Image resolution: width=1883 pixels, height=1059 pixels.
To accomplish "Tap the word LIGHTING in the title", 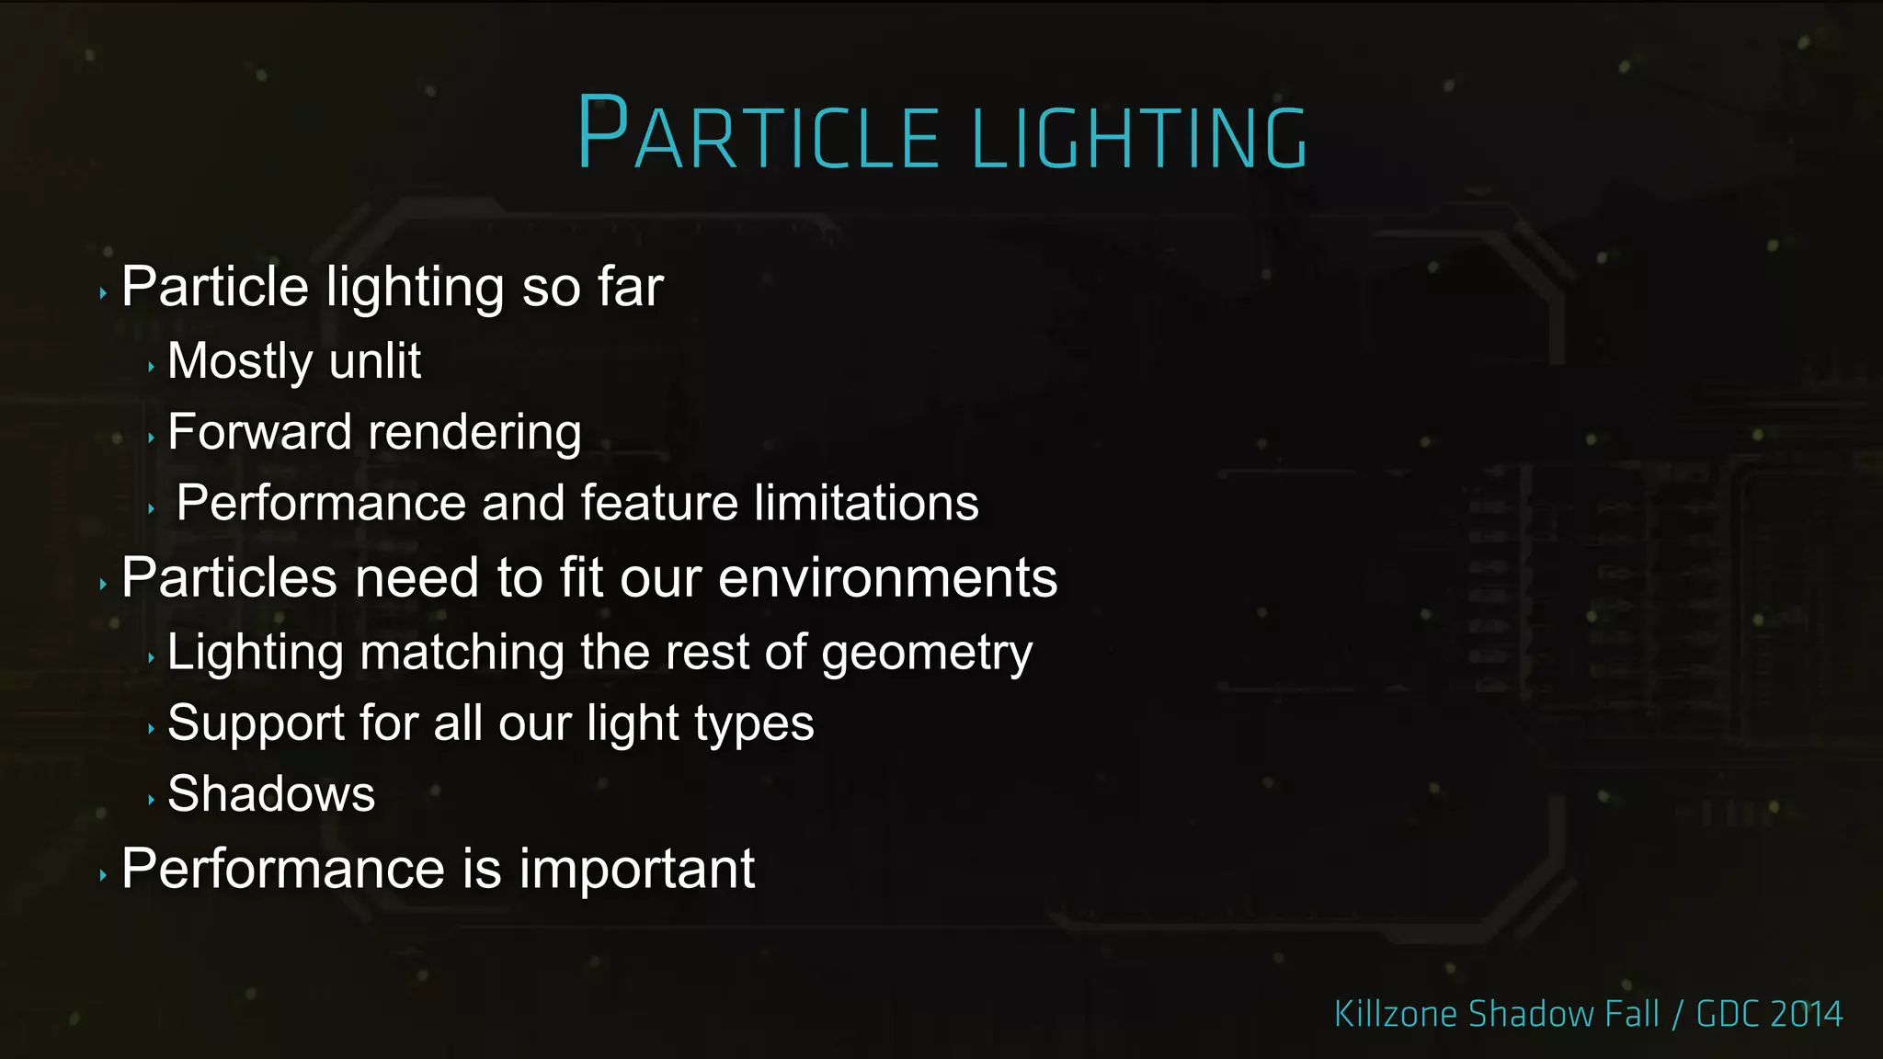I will (1139, 138).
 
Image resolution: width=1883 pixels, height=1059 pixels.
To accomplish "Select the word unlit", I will (375, 360).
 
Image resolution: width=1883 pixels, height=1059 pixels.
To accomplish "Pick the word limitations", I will (866, 503).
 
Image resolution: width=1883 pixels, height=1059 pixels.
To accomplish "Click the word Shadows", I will (271, 793).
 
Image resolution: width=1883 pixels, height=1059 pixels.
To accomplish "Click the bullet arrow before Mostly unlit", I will (151, 367).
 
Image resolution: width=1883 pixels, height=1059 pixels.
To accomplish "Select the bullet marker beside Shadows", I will (151, 800).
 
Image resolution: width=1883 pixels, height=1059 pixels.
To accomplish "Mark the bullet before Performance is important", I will (103, 875).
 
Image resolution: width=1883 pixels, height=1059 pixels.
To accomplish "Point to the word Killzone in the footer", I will (1396, 1014).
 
